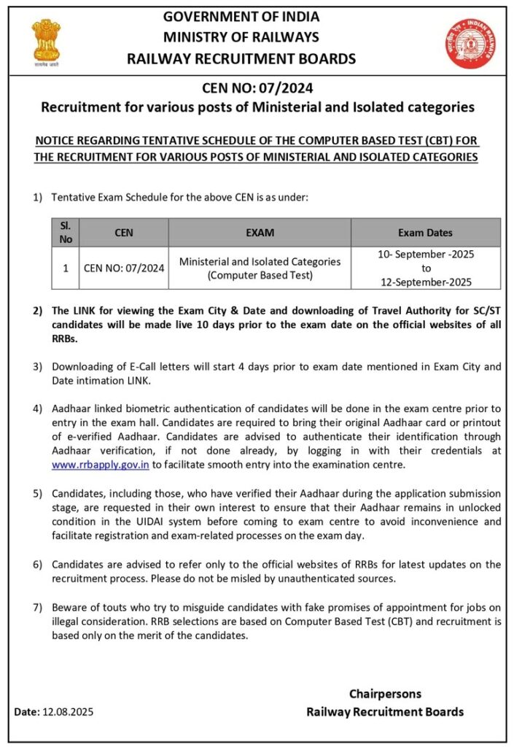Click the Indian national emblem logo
46,42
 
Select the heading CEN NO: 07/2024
257,89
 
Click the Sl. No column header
66,232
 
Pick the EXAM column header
260,233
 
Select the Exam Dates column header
425,233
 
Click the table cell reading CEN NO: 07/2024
124,268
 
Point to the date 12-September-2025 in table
425,282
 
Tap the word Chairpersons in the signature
384,694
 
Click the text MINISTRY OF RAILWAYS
241,37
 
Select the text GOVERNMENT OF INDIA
241,17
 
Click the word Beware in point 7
69,608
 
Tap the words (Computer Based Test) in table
260,275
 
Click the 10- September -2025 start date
425,255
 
